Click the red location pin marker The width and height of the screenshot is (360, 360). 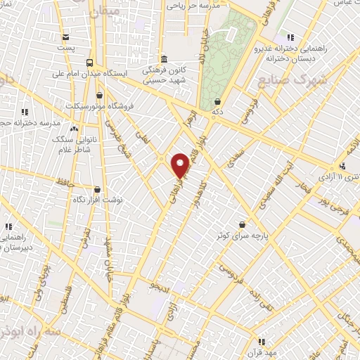180,165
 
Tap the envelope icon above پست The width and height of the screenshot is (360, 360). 65,37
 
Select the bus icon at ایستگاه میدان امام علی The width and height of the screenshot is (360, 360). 89,62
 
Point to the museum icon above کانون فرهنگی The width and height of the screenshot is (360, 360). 163,58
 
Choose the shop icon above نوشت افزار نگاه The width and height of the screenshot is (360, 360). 97,189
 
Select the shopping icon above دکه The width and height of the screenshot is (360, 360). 218,102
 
